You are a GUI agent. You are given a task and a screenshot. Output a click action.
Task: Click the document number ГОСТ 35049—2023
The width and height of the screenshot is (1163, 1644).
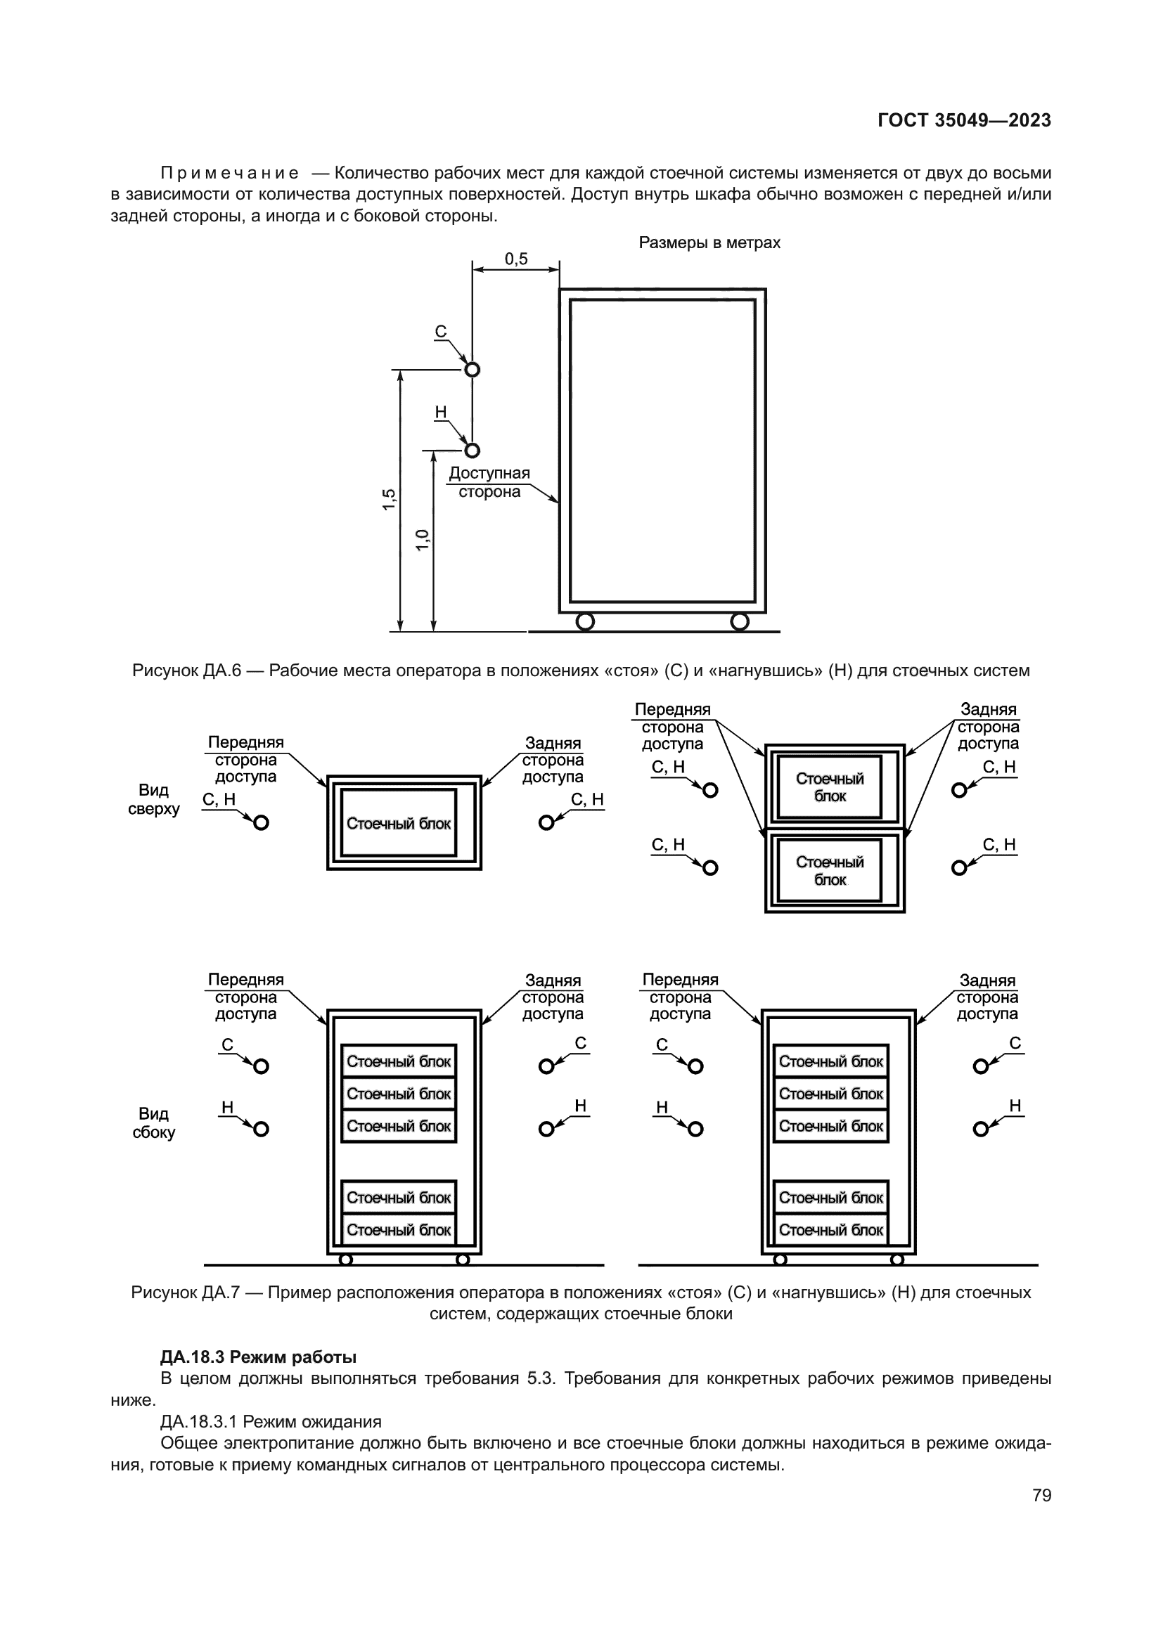coord(964,120)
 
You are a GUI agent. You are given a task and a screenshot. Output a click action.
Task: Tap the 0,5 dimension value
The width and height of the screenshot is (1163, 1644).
coord(515,259)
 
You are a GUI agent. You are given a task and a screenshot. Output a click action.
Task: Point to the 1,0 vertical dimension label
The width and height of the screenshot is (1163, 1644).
coord(423,540)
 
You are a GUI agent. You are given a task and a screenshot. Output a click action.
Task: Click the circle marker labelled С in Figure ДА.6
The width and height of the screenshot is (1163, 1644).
coord(472,370)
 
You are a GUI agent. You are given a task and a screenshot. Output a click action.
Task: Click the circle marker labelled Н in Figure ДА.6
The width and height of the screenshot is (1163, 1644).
coord(472,451)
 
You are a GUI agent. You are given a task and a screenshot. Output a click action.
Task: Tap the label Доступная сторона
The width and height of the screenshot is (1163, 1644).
coord(489,482)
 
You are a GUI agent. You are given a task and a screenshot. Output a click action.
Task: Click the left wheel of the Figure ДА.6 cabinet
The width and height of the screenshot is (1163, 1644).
coord(585,621)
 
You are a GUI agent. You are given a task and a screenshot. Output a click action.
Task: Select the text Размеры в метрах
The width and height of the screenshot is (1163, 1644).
coord(709,242)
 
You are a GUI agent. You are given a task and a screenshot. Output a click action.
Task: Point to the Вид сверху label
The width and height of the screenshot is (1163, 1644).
coord(153,799)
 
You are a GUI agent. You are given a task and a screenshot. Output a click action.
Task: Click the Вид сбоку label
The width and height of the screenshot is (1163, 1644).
coord(153,1122)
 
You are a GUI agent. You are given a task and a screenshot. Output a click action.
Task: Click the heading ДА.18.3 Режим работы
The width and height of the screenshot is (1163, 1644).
coord(258,1357)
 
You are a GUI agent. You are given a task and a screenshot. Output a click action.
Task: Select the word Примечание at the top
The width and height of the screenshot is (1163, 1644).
coord(229,174)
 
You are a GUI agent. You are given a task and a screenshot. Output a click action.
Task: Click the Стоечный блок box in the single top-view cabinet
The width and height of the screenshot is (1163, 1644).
coord(399,824)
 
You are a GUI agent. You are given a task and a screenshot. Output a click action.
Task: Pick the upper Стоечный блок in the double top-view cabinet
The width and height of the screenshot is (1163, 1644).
coord(830,787)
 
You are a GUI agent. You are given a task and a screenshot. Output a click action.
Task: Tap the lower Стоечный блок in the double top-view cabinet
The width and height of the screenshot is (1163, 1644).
coord(830,871)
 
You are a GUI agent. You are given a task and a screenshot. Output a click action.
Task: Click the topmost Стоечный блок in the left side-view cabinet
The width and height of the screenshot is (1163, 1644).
coord(399,1061)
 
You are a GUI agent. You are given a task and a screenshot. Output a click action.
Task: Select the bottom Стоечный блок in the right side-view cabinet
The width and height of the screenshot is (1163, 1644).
coord(830,1230)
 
